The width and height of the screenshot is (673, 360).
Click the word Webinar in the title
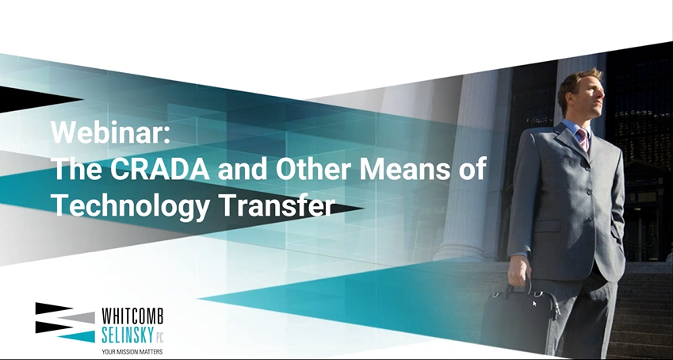coord(107,132)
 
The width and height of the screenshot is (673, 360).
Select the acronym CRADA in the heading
coord(160,169)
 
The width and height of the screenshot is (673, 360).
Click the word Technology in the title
coord(131,206)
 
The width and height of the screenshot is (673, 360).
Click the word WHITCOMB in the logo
coord(132,316)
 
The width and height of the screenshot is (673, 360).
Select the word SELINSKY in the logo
coord(126,335)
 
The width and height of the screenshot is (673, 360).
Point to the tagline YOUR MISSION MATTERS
coord(132,351)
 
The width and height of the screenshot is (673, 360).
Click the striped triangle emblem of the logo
coord(65,323)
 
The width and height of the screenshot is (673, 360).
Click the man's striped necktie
coord(583,140)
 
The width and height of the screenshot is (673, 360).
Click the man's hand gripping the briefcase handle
coord(518,270)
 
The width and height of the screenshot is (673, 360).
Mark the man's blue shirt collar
coord(576,128)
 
